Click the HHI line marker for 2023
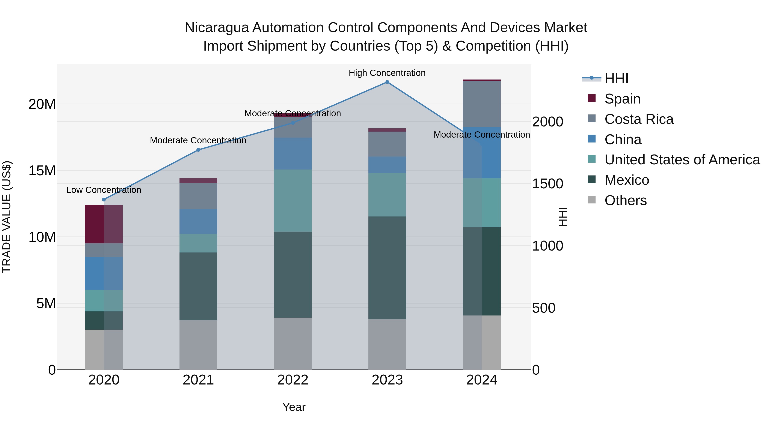(x=387, y=82)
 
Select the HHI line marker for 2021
(x=198, y=150)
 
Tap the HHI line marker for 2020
(x=104, y=200)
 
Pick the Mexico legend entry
(x=627, y=180)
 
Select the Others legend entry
(x=626, y=200)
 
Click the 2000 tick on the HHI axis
(x=547, y=122)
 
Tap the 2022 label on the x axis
(x=293, y=380)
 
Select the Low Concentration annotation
(x=104, y=190)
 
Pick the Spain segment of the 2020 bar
(x=104, y=224)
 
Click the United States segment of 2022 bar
(x=293, y=200)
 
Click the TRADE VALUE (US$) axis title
(x=7, y=217)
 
